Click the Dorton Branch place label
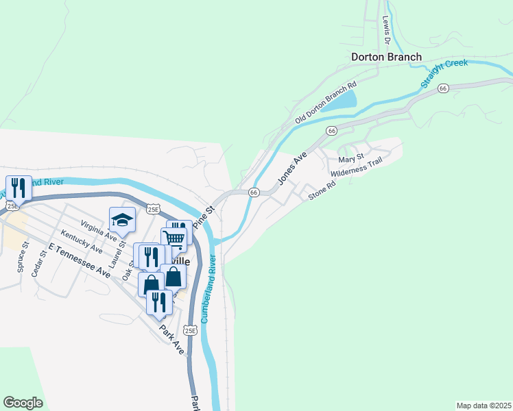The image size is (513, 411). click(x=386, y=58)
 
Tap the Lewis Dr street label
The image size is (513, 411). click(x=385, y=30)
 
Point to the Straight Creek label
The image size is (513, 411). click(x=444, y=73)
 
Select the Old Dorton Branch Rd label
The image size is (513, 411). click(x=326, y=103)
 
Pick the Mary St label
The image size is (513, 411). click(x=350, y=159)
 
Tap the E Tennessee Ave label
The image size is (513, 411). click(x=79, y=261)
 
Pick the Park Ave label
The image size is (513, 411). click(x=172, y=338)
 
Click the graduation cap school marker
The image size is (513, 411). click(x=122, y=220)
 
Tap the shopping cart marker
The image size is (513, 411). click(x=174, y=238)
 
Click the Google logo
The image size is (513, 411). click(x=23, y=403)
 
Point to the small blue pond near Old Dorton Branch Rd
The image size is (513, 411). click(x=339, y=102)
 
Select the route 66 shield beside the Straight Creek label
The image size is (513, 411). click(x=444, y=88)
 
